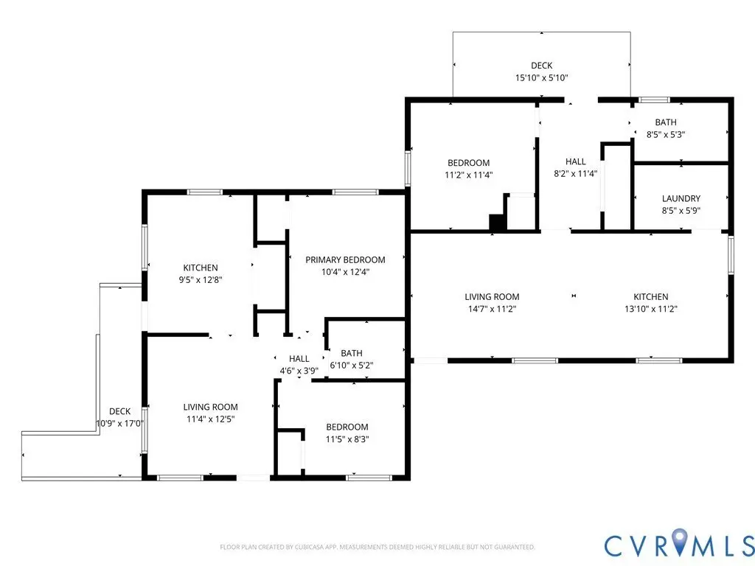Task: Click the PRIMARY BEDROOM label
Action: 345,260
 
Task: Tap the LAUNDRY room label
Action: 681,198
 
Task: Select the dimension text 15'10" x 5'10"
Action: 542,77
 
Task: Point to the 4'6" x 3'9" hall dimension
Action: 299,371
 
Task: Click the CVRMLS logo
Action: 679,545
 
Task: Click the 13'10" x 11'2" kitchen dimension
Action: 651,309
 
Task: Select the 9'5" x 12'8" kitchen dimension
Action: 201,279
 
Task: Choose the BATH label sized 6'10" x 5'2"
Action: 352,353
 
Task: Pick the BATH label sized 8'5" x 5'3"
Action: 666,122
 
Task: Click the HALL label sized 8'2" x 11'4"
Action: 575,161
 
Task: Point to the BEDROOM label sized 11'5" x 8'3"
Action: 347,427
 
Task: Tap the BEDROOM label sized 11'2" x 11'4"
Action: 468,163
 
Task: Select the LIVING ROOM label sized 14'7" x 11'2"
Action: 492,297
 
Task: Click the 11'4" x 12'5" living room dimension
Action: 210,419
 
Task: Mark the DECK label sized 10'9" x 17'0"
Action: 120,411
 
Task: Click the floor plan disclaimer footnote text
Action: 377,548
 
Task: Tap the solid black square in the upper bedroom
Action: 497,222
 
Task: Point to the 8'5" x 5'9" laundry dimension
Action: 681,210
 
